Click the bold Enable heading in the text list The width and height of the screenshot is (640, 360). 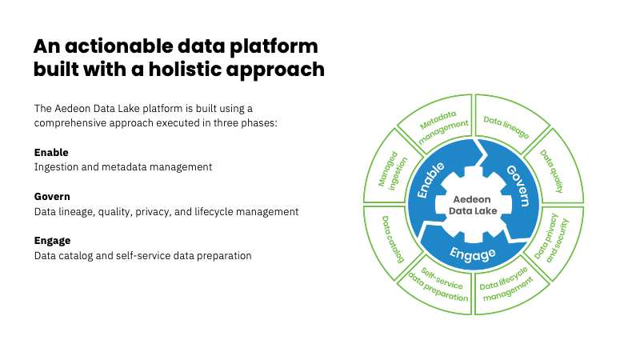point(51,152)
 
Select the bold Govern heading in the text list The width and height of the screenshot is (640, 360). point(52,196)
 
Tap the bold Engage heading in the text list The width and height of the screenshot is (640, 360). point(52,240)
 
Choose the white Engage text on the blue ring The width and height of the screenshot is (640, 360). point(472,254)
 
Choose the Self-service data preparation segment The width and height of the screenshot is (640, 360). point(438,283)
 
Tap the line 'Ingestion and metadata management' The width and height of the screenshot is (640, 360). point(123,167)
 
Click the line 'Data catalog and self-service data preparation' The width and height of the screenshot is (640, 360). point(143,256)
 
